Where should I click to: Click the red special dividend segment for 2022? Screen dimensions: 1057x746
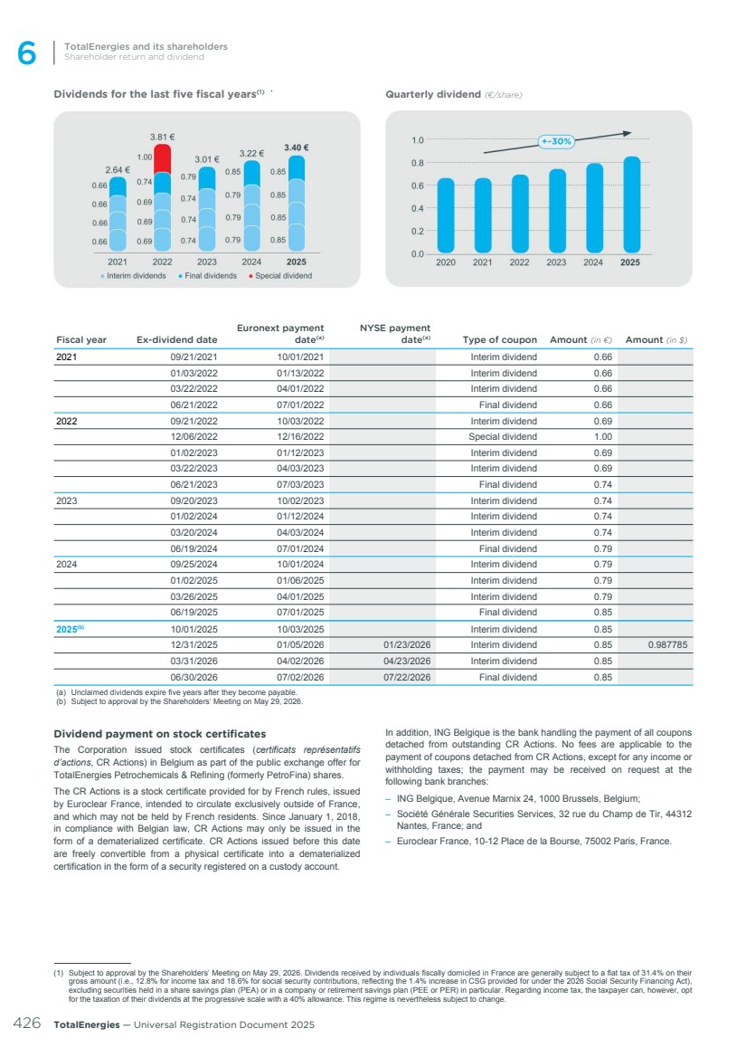162,159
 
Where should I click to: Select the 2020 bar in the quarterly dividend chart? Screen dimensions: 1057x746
446,215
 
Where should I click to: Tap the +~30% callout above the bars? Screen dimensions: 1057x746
555,141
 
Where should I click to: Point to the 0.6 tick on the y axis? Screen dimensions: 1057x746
418,186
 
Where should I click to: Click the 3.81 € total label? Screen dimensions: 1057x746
162,137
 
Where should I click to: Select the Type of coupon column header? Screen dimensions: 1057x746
499,340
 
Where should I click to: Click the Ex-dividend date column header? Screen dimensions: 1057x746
177,340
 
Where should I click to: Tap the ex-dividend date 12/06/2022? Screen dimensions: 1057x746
194,437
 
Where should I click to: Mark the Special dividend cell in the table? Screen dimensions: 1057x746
502,437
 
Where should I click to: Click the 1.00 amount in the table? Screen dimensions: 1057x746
602,437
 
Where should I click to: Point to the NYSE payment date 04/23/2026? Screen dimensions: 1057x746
407,662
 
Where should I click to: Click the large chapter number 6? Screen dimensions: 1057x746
27,55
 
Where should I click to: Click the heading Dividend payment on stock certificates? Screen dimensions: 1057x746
159,733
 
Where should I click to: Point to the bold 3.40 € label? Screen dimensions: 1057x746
297,148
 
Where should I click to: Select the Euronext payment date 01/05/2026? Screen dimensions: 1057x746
300,645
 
